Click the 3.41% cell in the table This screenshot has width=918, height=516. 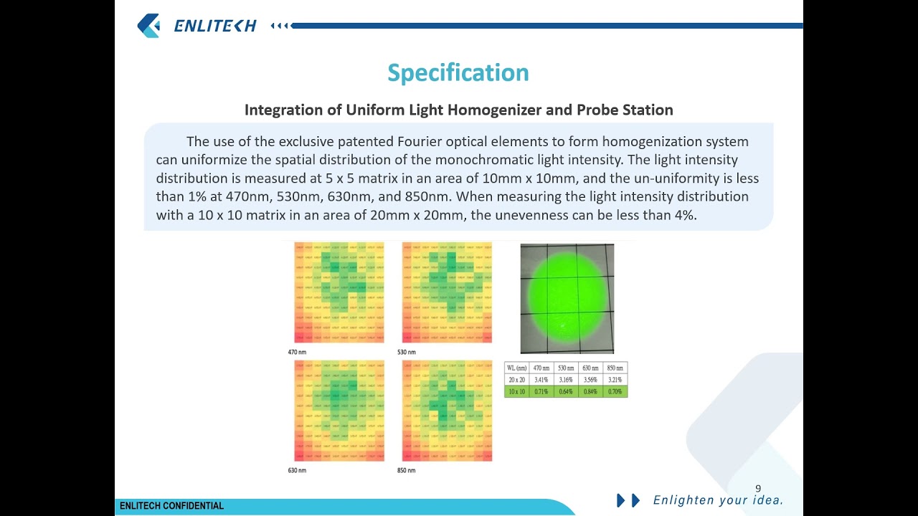[x=541, y=380]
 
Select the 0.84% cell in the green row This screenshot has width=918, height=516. [x=590, y=392]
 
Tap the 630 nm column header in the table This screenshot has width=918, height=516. [x=590, y=368]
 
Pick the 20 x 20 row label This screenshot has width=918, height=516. [x=516, y=380]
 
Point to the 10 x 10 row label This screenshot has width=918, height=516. [x=516, y=392]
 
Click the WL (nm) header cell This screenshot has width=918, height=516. [x=516, y=368]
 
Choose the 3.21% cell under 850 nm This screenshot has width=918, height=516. [x=615, y=380]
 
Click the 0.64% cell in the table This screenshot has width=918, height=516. [x=566, y=392]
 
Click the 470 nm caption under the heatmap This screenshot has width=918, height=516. [x=297, y=352]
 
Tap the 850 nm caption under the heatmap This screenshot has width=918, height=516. [x=406, y=470]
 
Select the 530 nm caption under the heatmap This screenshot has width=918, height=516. [x=406, y=352]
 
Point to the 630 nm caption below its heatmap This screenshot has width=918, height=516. [x=297, y=470]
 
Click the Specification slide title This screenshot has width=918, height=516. [x=458, y=72]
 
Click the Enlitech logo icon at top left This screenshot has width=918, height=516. [x=149, y=26]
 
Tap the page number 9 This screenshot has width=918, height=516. [x=758, y=489]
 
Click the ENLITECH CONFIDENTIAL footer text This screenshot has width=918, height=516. [x=171, y=506]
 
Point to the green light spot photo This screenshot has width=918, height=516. [x=567, y=298]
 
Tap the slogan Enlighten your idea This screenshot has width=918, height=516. [x=718, y=500]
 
